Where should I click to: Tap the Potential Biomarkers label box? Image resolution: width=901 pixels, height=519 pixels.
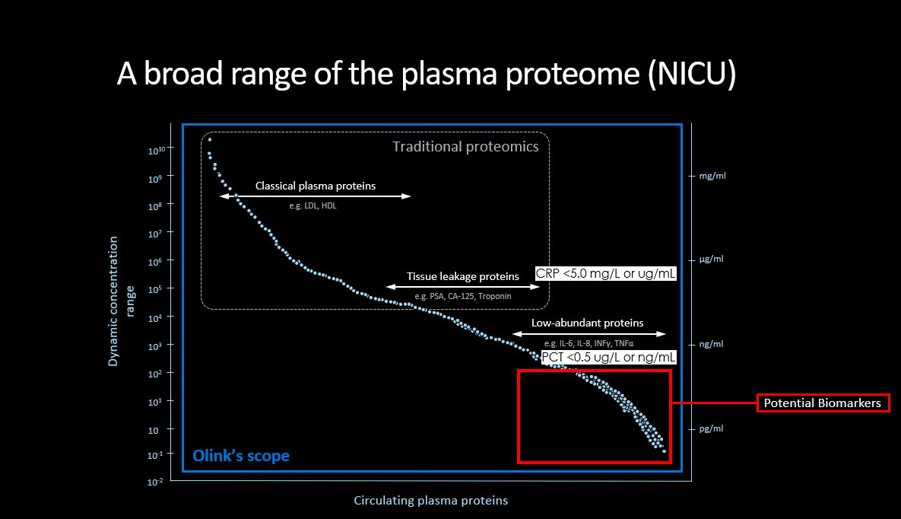823,403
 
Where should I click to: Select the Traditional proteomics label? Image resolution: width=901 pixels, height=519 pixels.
465,146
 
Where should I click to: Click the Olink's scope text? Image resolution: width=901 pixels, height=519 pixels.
240,456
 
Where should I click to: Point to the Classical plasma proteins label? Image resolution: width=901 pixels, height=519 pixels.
315,186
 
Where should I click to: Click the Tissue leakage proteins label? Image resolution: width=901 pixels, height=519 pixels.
462,276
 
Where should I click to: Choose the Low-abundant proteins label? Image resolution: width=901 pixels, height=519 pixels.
587,323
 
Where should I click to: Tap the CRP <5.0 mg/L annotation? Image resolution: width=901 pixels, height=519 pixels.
605,273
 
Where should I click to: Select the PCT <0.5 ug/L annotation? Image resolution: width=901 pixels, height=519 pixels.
608,357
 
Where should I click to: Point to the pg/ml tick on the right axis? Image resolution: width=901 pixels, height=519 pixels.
712,428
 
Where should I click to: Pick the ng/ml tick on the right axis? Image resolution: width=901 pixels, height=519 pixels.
712,344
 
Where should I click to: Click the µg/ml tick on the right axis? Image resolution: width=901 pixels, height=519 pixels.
712,259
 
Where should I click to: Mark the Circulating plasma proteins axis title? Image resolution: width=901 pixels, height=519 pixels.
430,501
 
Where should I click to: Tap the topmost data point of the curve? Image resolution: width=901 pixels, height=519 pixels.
209,140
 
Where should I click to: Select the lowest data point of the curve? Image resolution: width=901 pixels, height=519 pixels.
664,451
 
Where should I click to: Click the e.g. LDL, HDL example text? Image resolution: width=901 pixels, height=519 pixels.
312,205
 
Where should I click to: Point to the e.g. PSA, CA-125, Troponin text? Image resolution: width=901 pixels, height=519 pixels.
462,295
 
